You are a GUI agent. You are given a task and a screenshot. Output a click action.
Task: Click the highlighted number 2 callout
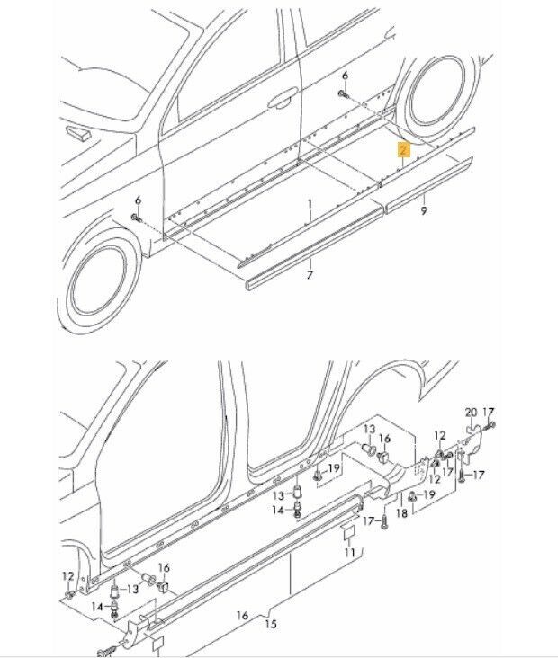point(403,149)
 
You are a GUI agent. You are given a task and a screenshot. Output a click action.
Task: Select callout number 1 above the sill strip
point(310,205)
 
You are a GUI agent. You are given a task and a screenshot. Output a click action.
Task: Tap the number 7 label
point(310,275)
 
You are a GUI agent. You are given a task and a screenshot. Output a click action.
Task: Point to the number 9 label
point(424,210)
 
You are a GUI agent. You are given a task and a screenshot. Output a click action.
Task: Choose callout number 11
point(349,553)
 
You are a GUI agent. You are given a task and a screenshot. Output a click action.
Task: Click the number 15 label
point(271,624)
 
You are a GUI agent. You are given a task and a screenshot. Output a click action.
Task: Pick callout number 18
point(401,512)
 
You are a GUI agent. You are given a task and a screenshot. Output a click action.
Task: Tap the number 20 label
point(471,413)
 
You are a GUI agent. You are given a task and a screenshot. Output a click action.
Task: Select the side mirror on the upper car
point(78,133)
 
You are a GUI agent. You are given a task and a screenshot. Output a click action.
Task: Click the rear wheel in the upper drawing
point(437,93)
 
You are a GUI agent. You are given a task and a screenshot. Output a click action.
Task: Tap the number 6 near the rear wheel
point(345,76)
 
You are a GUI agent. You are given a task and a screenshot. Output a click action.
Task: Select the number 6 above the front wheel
point(138,201)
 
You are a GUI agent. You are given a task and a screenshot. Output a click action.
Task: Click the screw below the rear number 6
point(344,95)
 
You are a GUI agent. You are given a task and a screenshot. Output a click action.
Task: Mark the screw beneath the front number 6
point(137,218)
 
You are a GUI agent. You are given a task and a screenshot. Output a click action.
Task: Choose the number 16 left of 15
point(242,616)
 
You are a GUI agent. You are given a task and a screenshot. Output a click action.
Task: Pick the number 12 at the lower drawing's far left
point(68,576)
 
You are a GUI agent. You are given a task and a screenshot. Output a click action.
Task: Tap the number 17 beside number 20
point(488,413)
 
